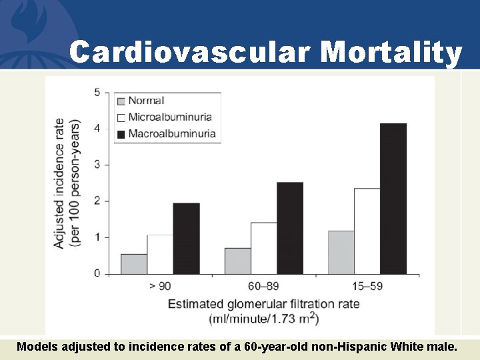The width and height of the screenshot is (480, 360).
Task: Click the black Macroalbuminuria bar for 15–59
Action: tap(393, 199)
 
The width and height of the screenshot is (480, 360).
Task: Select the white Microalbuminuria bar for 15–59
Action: tap(367, 231)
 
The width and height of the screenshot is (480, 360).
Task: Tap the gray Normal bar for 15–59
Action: tap(341, 253)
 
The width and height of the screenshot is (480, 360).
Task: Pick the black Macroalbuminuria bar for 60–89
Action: tap(290, 228)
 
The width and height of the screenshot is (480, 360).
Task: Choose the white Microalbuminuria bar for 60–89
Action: tap(264, 248)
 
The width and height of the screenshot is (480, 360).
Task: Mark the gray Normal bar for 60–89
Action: tap(238, 261)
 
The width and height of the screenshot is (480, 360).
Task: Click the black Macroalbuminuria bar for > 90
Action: tap(186, 239)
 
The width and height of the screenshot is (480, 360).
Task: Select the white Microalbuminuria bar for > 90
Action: tap(160, 254)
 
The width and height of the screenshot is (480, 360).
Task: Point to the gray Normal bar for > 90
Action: tap(134, 264)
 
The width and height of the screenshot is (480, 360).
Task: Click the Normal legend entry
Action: tap(146, 101)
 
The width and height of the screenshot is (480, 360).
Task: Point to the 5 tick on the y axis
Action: tap(97, 92)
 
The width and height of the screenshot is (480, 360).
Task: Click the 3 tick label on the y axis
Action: tap(97, 165)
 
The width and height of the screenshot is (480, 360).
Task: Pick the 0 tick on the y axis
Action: tap(97, 273)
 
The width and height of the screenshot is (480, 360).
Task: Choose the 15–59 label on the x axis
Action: tap(367, 287)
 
